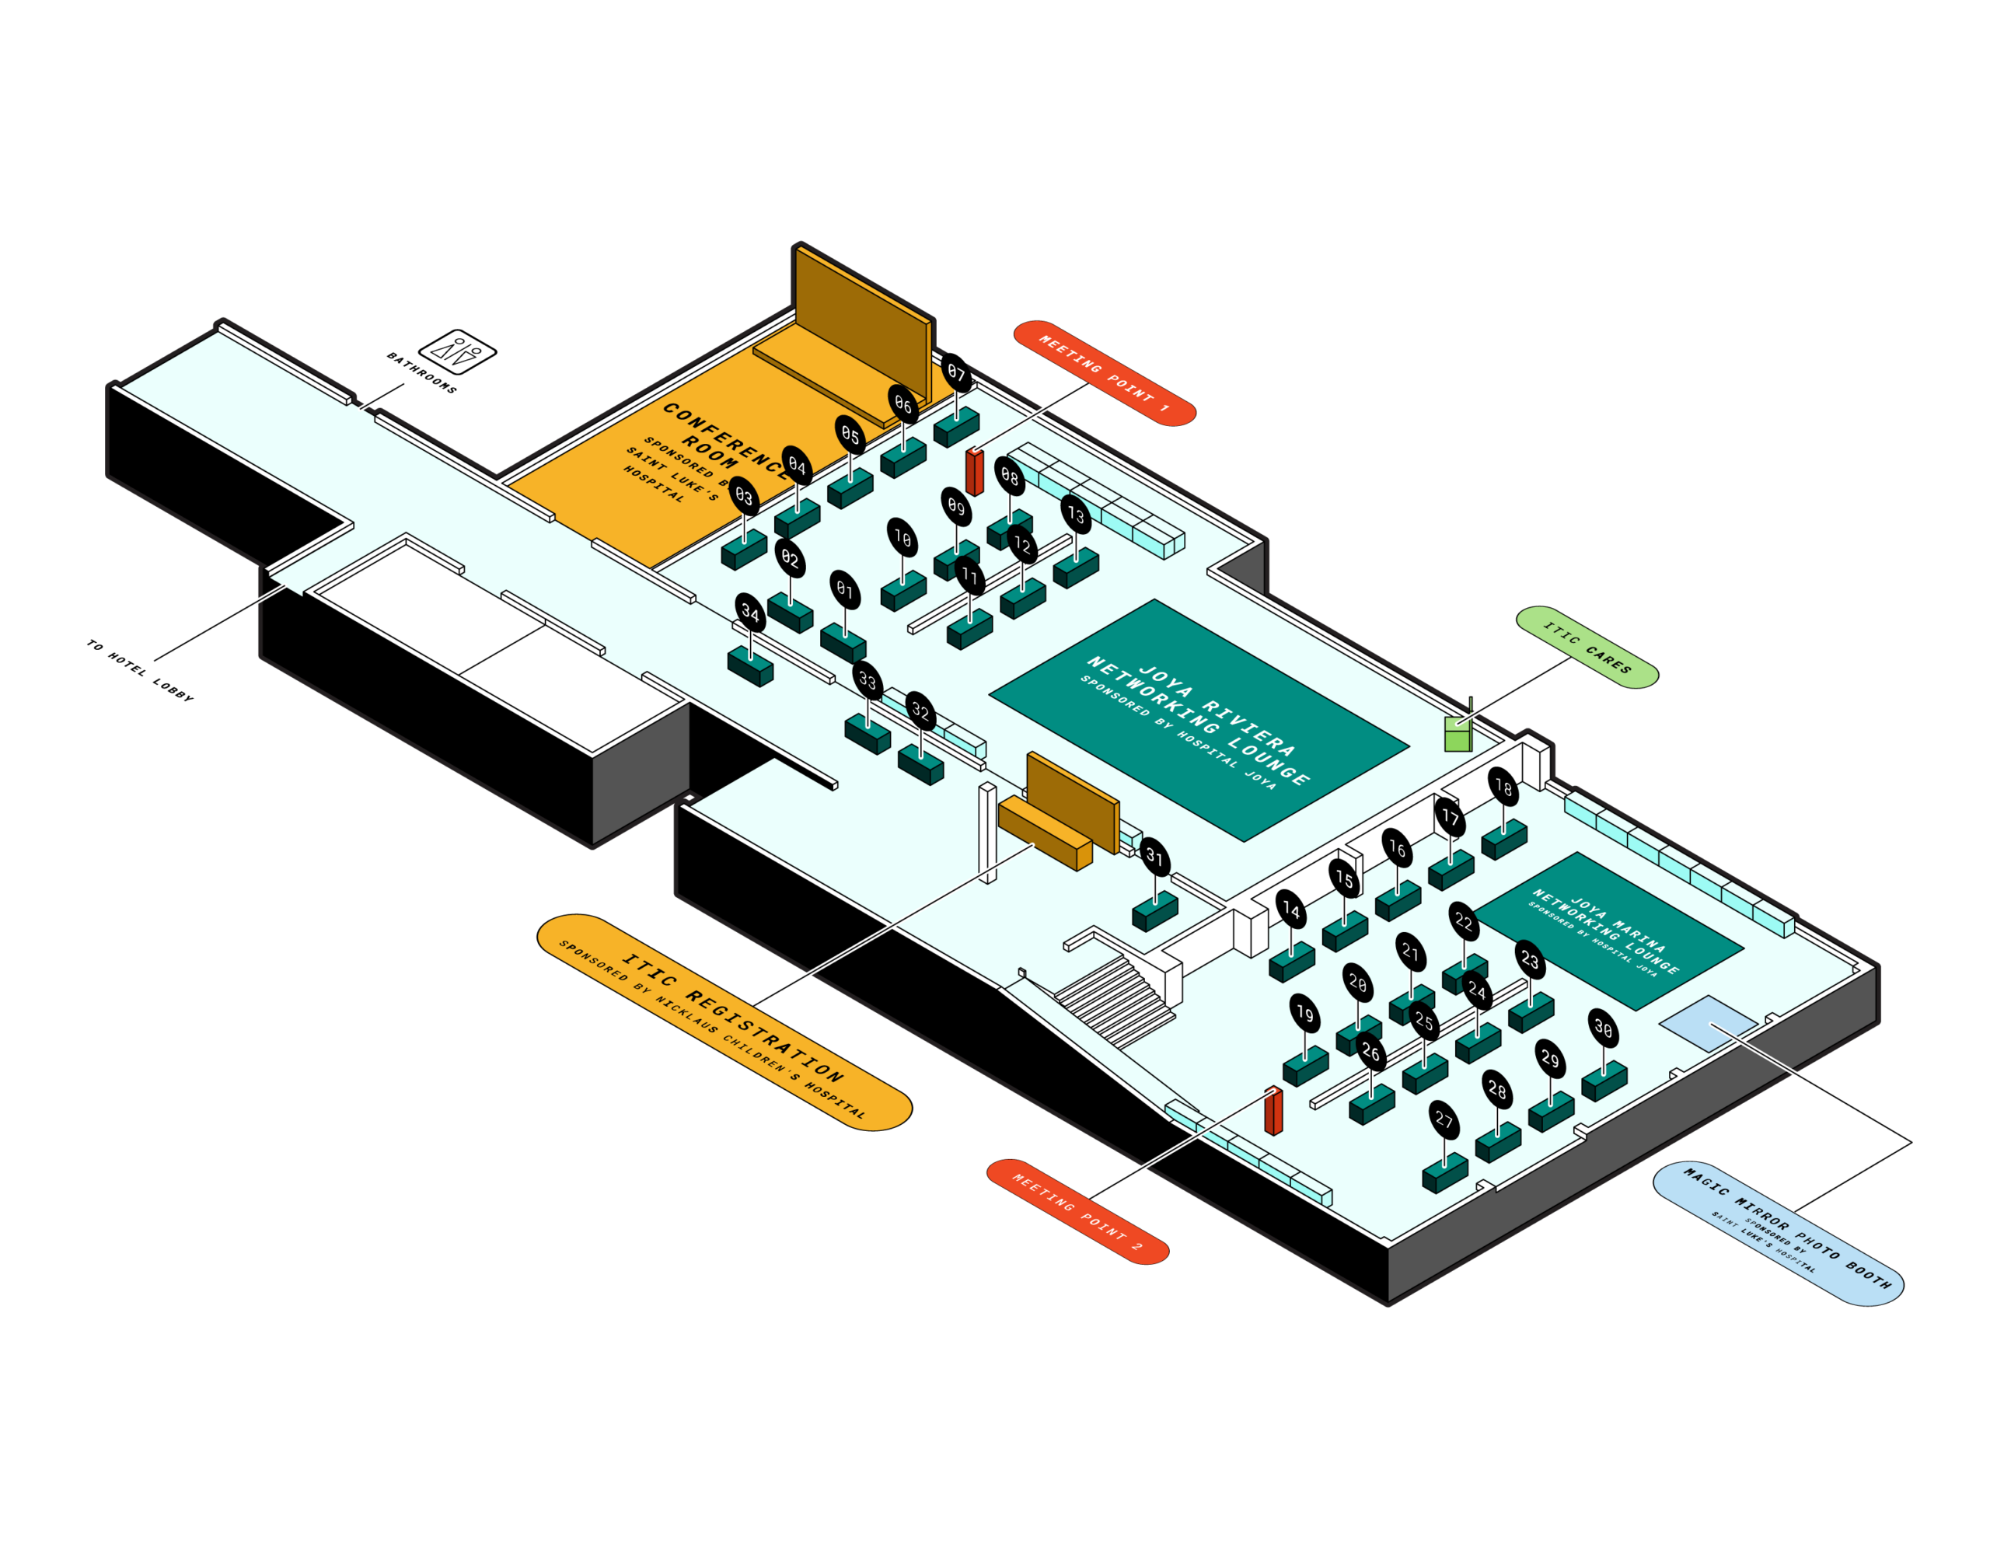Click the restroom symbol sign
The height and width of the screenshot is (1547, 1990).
click(x=457, y=351)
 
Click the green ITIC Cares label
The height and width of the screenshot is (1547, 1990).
click(x=1587, y=647)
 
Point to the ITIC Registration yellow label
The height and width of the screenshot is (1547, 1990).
click(x=724, y=1022)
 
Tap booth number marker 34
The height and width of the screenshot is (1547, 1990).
click(x=750, y=613)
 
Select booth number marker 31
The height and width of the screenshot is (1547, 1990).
click(x=1154, y=855)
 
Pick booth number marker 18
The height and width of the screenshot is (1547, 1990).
click(x=1503, y=786)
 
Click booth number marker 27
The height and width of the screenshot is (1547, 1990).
click(x=1444, y=1119)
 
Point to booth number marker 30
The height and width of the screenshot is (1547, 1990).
click(x=1604, y=1028)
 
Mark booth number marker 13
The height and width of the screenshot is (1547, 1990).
click(x=1076, y=515)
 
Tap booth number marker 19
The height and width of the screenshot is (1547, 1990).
click(x=1305, y=1014)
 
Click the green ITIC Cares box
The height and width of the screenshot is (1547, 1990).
click(x=1458, y=735)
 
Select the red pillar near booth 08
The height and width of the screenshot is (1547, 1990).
click(x=974, y=471)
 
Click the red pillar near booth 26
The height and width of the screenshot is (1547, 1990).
click(x=1273, y=1111)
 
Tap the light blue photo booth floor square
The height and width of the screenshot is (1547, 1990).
click(x=1706, y=1021)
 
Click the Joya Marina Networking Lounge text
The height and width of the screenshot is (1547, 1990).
click(x=1604, y=932)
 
